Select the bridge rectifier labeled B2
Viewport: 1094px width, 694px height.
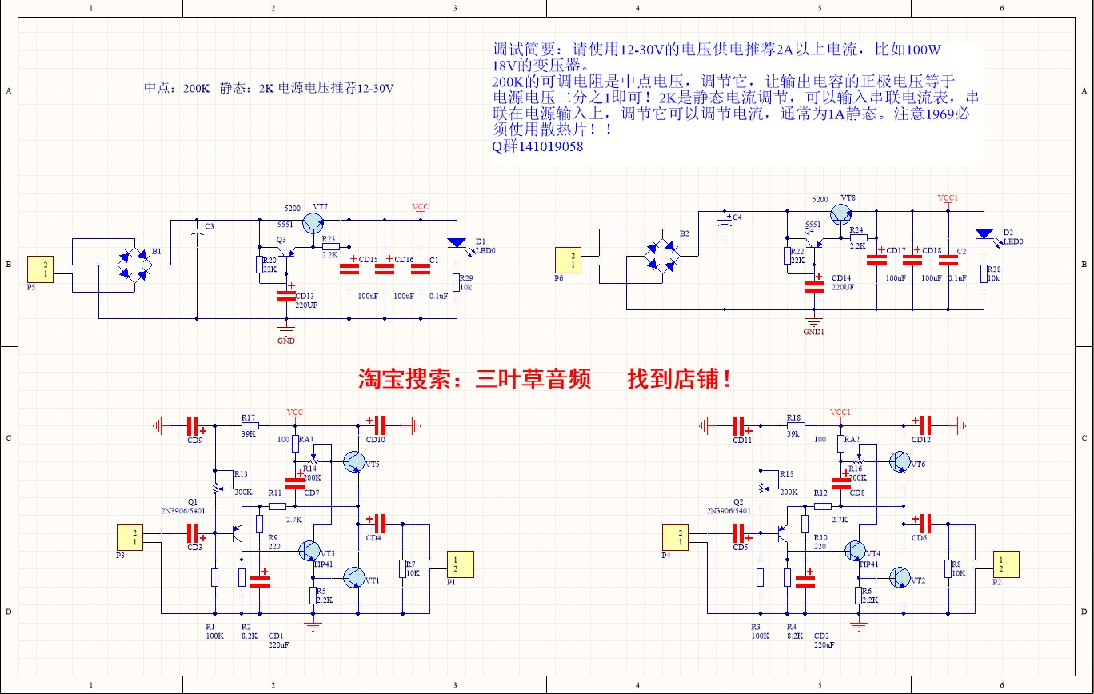661,257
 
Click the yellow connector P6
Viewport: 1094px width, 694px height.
570,259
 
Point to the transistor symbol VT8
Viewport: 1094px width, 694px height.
841,214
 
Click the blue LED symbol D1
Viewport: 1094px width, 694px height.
457,243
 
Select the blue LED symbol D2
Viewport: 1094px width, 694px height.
984,233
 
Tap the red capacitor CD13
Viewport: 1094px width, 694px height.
285,295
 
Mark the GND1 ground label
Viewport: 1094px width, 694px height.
814,331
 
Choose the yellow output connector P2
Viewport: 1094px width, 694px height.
1007,564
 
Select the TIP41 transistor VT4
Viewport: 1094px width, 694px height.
855,551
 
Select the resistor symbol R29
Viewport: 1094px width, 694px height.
457,282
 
